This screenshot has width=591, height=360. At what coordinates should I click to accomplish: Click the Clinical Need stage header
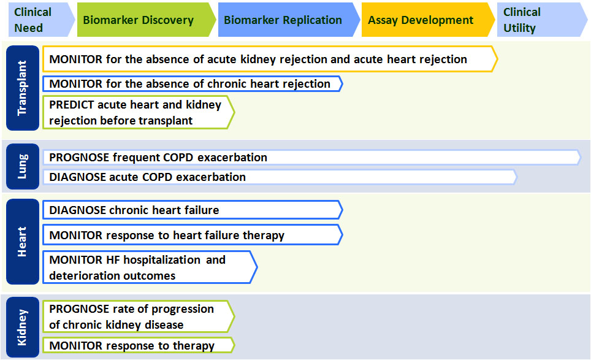coord(40,20)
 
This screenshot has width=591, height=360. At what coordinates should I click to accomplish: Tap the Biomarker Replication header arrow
coord(289,20)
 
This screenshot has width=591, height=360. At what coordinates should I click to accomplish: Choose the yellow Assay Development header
coord(428,20)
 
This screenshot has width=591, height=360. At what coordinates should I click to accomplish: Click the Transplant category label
coord(23,88)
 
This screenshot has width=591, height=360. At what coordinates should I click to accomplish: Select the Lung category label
coord(23,166)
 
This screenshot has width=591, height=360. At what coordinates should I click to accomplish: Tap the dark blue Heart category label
coord(23,242)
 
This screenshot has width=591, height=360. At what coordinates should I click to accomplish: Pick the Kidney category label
coord(23,327)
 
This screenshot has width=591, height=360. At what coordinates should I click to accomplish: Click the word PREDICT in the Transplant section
coord(72,105)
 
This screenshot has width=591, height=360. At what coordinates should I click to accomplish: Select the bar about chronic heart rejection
coord(193,83)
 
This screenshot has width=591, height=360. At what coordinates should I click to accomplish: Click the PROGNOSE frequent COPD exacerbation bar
coord(311,158)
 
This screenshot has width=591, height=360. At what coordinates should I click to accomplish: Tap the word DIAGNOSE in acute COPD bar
coord(77,177)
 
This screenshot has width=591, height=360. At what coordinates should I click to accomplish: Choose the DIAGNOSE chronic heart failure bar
coord(193,210)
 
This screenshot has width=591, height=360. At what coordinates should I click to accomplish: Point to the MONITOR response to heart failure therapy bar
coord(193,235)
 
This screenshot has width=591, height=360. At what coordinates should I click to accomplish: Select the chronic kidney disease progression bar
coord(139,316)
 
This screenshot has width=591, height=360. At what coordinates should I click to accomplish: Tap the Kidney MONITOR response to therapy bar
coord(139,345)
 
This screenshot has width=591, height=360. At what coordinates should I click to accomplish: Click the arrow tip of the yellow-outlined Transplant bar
coord(498,59)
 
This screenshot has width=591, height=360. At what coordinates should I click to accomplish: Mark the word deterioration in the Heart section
coord(88,276)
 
